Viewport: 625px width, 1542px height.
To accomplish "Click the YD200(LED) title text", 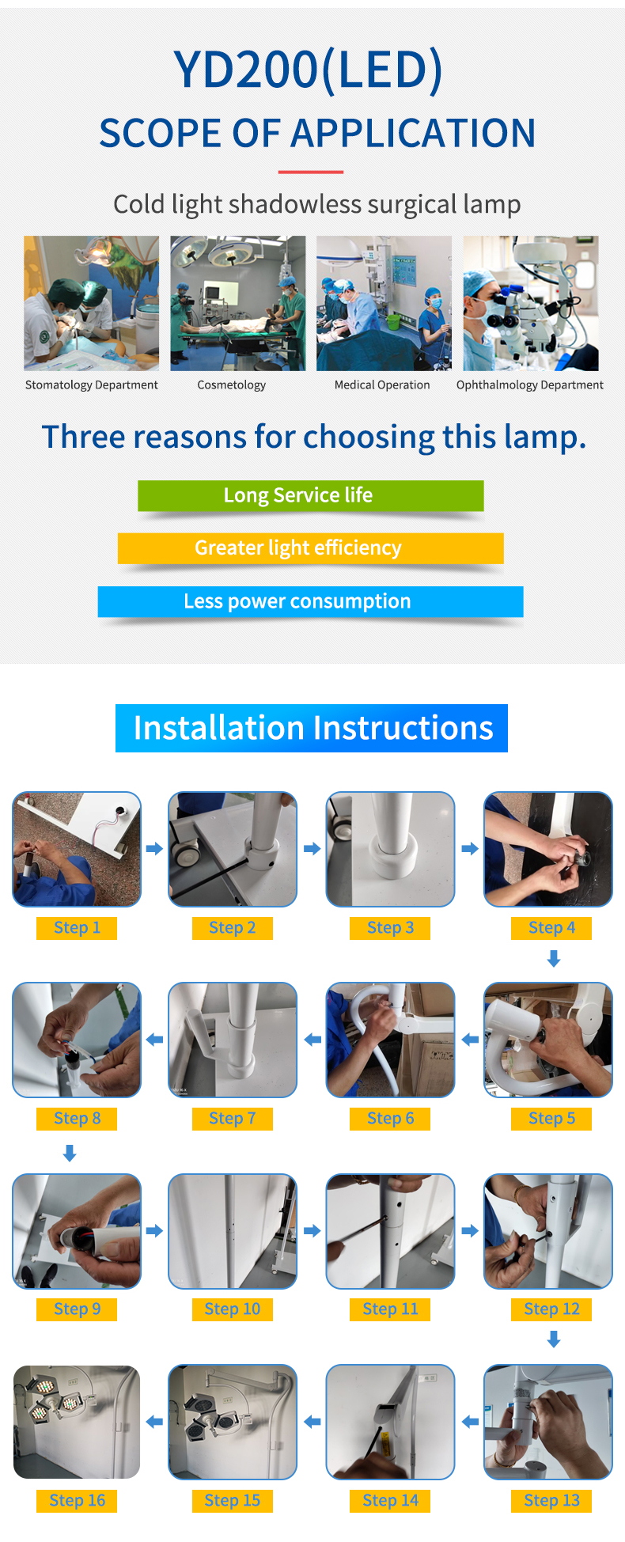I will click(x=309, y=70).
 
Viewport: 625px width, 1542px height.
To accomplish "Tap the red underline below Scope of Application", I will click(x=310, y=172).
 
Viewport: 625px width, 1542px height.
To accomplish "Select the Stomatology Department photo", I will click(x=91, y=303).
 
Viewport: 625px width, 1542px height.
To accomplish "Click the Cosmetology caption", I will click(x=231, y=385).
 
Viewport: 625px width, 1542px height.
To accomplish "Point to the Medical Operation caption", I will click(x=382, y=385).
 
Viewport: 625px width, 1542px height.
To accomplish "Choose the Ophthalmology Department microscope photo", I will click(x=530, y=303).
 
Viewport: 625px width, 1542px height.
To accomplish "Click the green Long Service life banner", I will click(x=310, y=495).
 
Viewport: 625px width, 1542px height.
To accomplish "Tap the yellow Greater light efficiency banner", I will click(x=310, y=548).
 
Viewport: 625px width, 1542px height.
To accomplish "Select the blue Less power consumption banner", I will click(x=310, y=601).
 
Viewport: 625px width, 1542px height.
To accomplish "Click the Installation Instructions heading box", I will click(x=312, y=728).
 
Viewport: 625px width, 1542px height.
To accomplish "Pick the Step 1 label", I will click(x=77, y=928).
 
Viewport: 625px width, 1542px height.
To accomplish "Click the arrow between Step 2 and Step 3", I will click(x=312, y=849).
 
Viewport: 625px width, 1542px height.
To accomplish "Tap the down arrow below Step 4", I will click(x=554, y=959).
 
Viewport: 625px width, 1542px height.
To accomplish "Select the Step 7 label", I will click(x=233, y=1119).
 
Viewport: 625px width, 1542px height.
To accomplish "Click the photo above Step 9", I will click(x=77, y=1231).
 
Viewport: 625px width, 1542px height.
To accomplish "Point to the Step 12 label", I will click(x=551, y=1309).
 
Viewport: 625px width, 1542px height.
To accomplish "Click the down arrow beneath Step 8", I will click(x=70, y=1154).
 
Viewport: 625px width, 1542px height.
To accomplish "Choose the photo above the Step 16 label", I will click(x=77, y=1422).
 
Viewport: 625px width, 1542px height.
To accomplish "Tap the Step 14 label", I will click(x=390, y=1501).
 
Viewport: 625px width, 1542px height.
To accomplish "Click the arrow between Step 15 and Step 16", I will click(x=154, y=1422).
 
